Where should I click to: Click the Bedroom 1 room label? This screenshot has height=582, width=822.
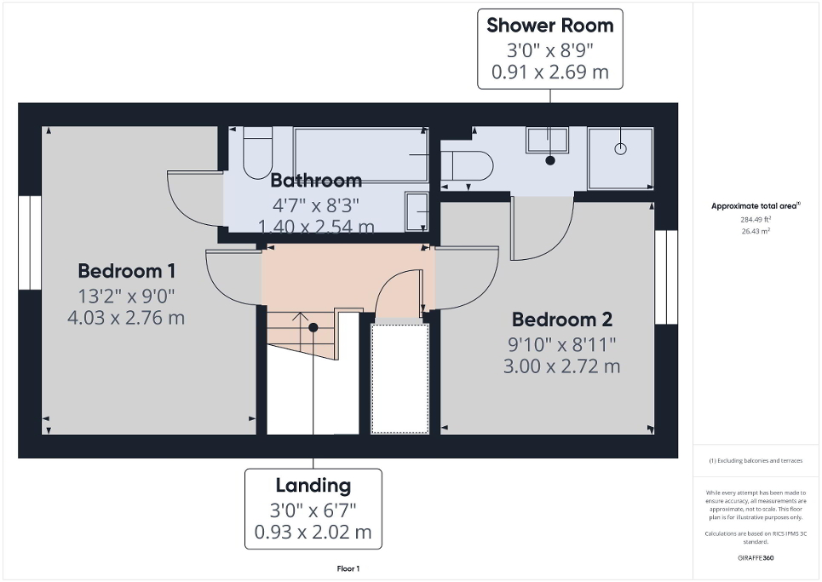click(x=126, y=271)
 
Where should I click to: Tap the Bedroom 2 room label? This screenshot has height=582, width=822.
click(x=561, y=320)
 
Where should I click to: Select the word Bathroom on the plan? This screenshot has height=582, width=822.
click(x=316, y=181)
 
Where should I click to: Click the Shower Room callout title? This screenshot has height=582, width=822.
click(x=549, y=26)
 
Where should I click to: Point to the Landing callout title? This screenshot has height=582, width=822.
click(x=313, y=486)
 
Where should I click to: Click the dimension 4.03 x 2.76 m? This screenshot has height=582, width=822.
click(x=126, y=319)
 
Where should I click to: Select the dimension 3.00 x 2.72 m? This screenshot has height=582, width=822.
click(x=561, y=367)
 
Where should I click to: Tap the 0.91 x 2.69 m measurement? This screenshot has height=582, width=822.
click(x=549, y=72)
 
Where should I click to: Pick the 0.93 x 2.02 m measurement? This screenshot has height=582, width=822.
click(x=313, y=533)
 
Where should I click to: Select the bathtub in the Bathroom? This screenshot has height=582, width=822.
click(x=360, y=154)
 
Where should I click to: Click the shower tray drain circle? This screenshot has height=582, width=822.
click(x=620, y=148)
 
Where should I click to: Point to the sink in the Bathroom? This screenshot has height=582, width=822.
click(x=417, y=210)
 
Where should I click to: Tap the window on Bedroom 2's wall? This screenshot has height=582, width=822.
click(x=666, y=277)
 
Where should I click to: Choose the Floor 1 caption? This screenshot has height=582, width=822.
click(x=348, y=569)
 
